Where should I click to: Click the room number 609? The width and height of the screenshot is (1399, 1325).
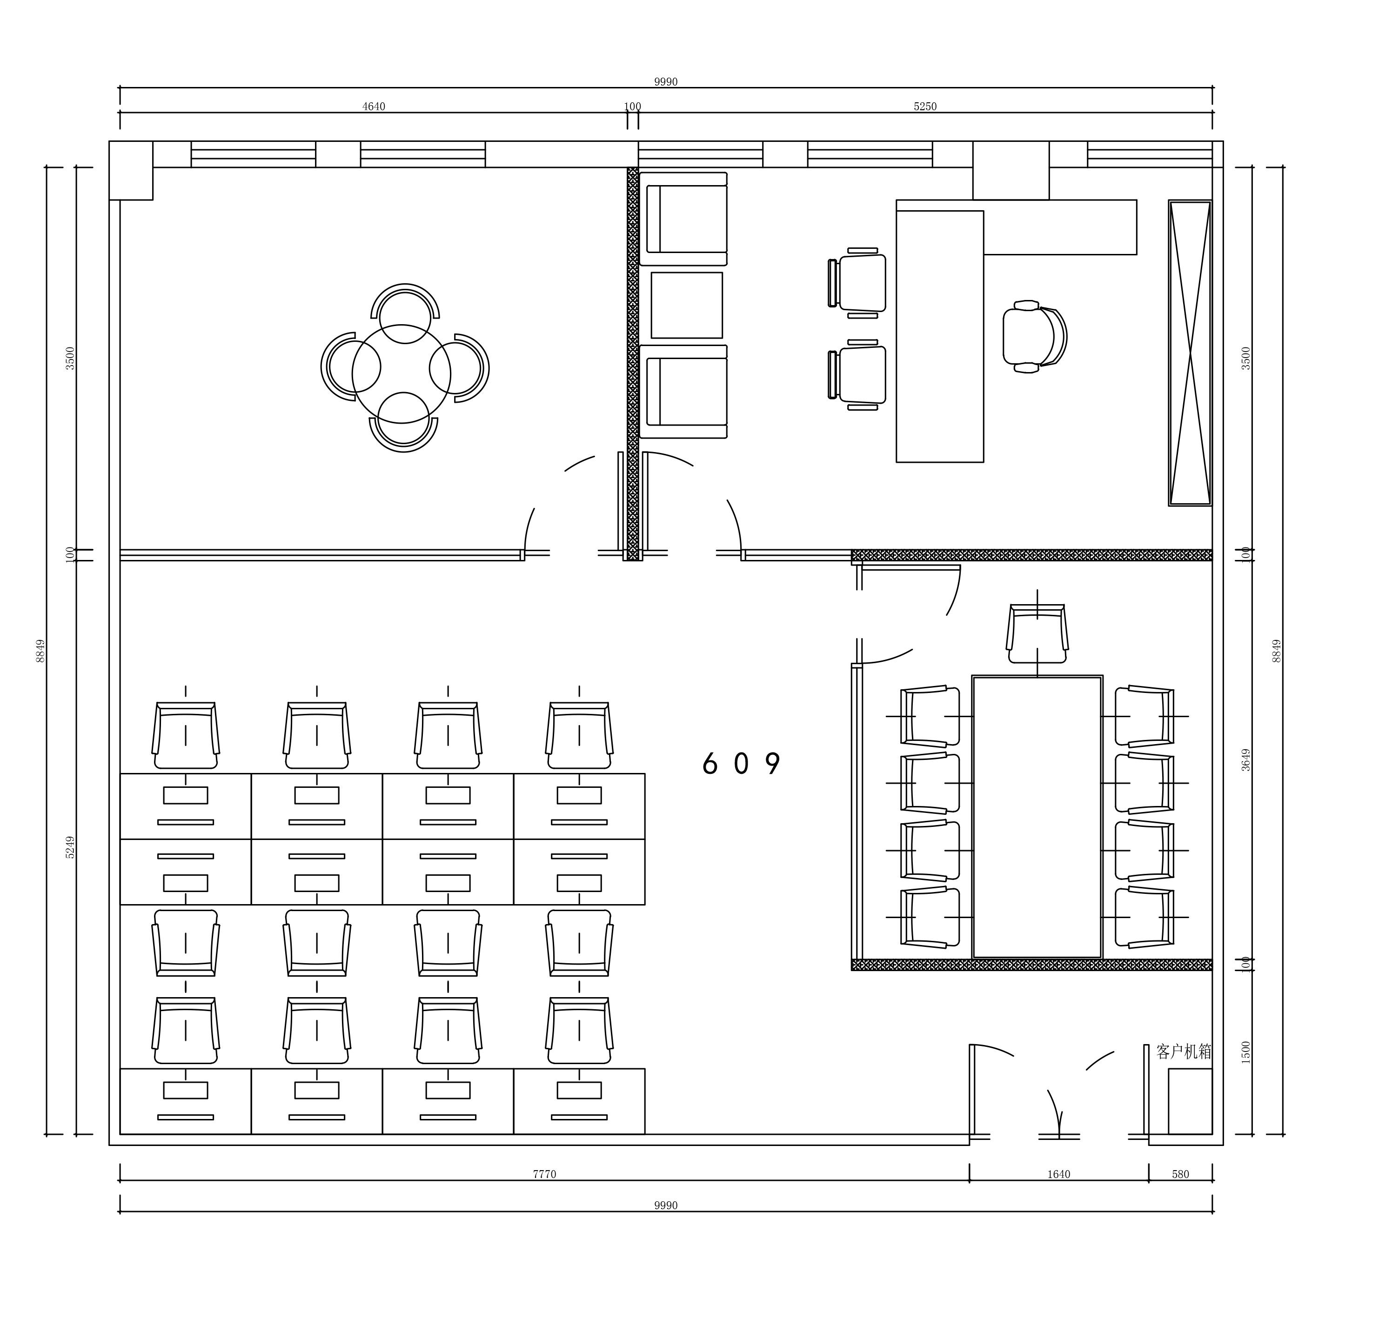click(x=741, y=764)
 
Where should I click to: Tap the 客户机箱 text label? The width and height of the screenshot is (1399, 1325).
click(x=1184, y=1052)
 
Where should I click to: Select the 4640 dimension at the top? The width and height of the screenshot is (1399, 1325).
click(x=374, y=107)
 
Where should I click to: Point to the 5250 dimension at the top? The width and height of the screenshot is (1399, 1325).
click(x=925, y=107)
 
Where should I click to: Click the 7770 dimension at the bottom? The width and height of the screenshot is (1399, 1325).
click(x=544, y=1175)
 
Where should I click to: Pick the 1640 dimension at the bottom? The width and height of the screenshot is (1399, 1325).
click(x=1058, y=1175)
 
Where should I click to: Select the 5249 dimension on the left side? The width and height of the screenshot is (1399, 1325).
click(x=70, y=847)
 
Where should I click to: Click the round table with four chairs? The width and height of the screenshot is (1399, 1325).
click(x=402, y=373)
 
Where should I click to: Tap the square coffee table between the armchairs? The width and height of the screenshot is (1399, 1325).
click(x=687, y=305)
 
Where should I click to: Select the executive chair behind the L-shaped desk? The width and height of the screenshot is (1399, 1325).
click(x=1034, y=337)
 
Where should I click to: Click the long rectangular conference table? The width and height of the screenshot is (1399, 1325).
click(x=1037, y=817)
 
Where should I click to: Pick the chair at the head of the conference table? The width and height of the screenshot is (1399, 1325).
click(x=1037, y=633)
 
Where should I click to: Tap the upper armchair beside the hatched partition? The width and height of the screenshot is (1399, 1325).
click(x=683, y=219)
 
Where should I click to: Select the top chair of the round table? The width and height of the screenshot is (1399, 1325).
click(x=405, y=313)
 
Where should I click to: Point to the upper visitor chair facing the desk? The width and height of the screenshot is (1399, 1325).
click(x=857, y=282)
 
